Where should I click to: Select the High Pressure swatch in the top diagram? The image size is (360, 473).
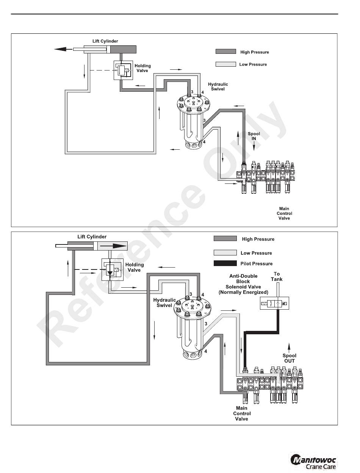(x=225, y=52)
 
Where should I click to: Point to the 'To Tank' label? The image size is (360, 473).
(x=277, y=276)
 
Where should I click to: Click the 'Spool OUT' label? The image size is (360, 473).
(x=290, y=358)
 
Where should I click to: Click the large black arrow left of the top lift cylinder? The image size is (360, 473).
(x=63, y=49)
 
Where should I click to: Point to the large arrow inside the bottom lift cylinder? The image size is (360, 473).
(x=114, y=246)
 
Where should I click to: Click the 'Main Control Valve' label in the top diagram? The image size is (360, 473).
(x=284, y=213)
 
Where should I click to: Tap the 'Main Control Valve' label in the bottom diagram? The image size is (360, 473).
(x=241, y=413)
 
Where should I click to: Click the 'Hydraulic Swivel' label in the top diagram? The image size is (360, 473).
(x=218, y=86)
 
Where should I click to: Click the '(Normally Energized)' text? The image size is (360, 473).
(x=243, y=292)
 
